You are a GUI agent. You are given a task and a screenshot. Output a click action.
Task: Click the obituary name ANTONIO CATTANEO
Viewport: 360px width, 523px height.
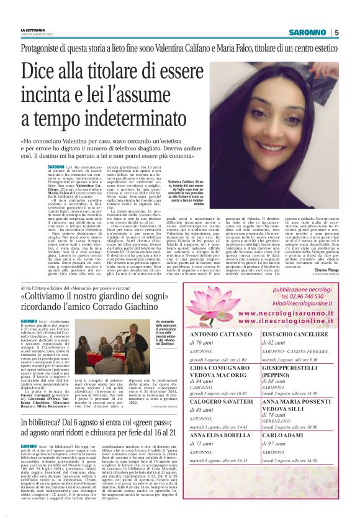218,334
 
